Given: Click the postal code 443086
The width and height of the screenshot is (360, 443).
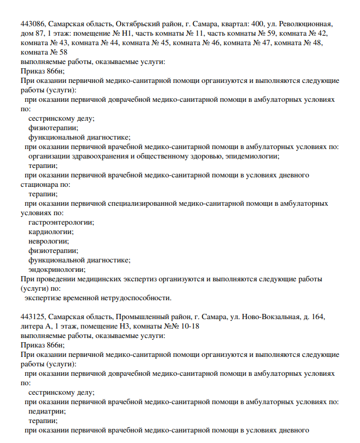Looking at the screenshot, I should (33, 24).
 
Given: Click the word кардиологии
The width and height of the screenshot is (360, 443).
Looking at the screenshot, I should (51, 231).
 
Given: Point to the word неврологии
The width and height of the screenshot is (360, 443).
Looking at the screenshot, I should (49, 241).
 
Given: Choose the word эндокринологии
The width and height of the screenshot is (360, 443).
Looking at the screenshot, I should (56, 269).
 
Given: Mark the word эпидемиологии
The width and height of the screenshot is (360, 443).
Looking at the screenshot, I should (253, 156).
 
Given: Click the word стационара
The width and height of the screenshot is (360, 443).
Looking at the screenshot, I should (40, 184).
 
